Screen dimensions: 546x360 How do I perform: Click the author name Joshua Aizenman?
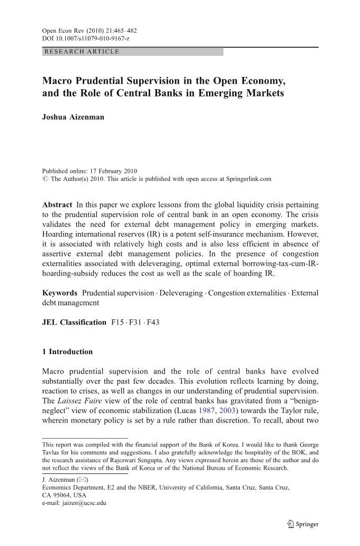[x=73, y=117]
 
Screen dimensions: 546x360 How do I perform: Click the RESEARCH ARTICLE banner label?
[x=82, y=52]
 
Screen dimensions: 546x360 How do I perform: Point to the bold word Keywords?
[x=60, y=292]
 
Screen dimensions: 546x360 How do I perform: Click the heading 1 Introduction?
[x=67, y=352]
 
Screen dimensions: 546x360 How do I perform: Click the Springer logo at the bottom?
[x=301, y=524]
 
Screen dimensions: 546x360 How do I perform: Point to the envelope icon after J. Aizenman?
[x=82, y=480]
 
